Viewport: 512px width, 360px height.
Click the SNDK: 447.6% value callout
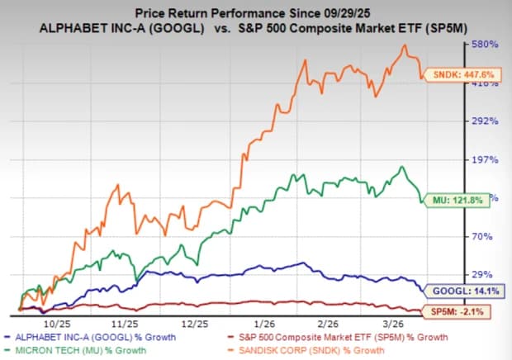coord(463,75)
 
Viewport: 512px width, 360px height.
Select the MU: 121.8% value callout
coord(457,200)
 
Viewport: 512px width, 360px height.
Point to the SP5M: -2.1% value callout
coord(457,311)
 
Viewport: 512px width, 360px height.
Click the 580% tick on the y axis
coord(485,44)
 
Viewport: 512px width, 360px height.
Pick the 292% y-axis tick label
coord(485,121)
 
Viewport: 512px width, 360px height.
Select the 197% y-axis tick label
coord(485,159)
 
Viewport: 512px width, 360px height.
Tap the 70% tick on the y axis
coord(482,236)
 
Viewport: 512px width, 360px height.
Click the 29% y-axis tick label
coord(482,274)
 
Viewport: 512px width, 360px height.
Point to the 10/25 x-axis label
coord(57,324)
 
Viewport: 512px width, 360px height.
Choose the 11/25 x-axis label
coord(125,324)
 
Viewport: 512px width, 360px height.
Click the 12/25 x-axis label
coord(195,324)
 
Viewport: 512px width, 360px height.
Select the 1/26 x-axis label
coord(265,324)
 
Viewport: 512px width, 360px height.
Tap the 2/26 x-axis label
coord(328,324)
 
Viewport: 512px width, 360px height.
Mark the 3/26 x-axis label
coord(393,324)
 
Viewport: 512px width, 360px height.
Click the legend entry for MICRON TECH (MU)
coord(76,351)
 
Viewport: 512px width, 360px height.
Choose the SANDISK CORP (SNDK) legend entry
coord(307,351)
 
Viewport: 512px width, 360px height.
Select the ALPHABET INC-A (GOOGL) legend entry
coord(91,337)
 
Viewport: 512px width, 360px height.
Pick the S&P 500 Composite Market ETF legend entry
coord(339,337)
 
